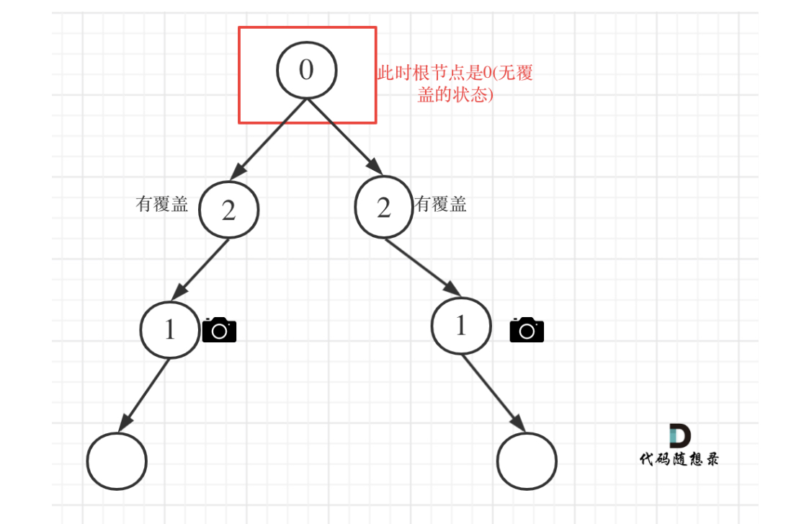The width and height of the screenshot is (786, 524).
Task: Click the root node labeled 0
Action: coord(307,70)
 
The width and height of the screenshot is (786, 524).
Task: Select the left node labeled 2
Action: coord(228,210)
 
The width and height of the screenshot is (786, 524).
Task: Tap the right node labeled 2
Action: coord(384,208)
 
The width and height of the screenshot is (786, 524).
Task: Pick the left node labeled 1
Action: coord(170,329)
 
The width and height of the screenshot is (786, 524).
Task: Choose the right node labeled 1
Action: coord(461,326)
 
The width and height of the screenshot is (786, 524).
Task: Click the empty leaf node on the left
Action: coord(117,461)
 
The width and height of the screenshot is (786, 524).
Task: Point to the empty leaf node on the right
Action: coord(527,460)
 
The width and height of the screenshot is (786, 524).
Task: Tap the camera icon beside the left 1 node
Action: coord(219,329)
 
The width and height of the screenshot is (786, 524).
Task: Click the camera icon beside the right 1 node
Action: coord(527,329)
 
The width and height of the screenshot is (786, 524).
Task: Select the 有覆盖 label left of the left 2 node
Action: coord(162,205)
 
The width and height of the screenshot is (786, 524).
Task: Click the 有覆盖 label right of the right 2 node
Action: coord(441,205)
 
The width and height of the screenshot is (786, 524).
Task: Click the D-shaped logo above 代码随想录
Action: coord(679,436)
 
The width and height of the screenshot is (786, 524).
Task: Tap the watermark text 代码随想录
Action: coord(679,459)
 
